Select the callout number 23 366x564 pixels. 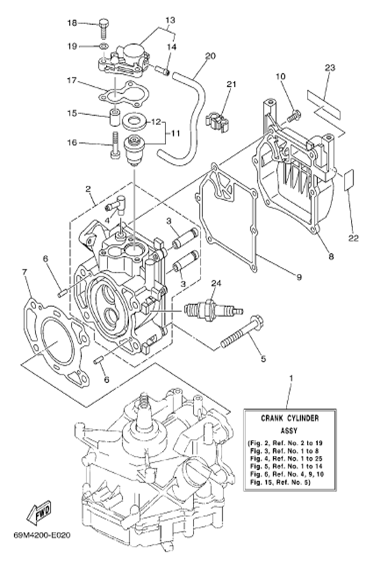point(330,68)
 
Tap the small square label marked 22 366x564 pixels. point(348,180)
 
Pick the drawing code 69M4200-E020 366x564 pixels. point(39,534)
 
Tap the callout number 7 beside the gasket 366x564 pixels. point(25,271)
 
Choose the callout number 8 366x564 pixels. point(331,256)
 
